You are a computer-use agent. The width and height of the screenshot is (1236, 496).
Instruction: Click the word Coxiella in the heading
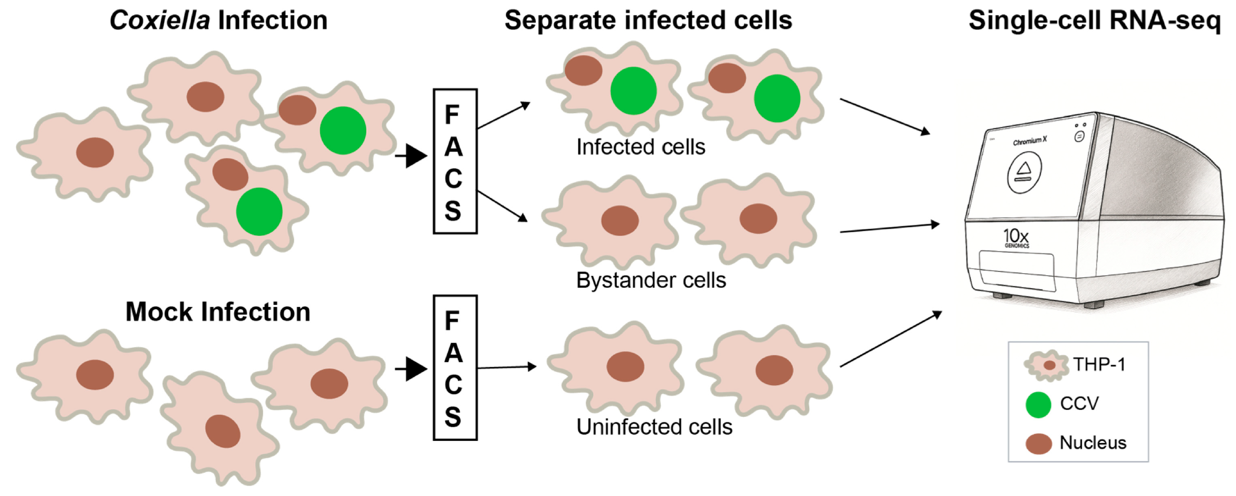point(159,21)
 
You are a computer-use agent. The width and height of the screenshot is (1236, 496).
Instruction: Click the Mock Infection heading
point(218,312)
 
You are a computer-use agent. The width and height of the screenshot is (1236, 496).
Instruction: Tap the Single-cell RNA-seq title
point(1094,21)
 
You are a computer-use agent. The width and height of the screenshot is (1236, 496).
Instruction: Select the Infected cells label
point(641,147)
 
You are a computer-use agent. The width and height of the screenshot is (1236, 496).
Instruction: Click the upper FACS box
point(455,161)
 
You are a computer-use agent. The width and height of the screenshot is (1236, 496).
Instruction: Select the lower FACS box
point(455,368)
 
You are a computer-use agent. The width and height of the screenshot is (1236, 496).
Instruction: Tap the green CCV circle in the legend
point(1038,405)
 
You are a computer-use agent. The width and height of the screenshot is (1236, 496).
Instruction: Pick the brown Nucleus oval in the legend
point(1039,444)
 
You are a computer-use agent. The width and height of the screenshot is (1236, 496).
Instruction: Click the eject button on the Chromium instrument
point(1024,172)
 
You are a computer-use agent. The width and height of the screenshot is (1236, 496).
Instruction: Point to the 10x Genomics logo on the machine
point(1016,238)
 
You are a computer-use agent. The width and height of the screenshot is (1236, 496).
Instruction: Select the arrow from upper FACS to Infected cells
point(504,116)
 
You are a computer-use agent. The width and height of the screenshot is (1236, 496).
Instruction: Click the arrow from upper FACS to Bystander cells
point(503,207)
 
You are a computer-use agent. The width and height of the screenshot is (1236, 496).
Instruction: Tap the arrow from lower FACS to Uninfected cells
point(507,367)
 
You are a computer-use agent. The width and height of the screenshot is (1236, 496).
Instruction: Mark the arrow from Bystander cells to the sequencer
point(889,228)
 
